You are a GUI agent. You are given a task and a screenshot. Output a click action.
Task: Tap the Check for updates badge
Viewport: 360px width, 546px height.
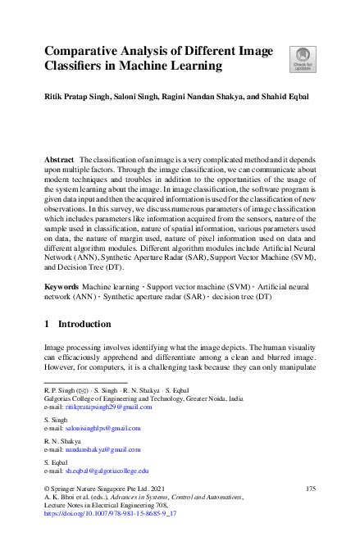(x=300, y=58)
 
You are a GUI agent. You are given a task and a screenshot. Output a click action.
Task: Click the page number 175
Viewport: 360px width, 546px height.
(x=310, y=489)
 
